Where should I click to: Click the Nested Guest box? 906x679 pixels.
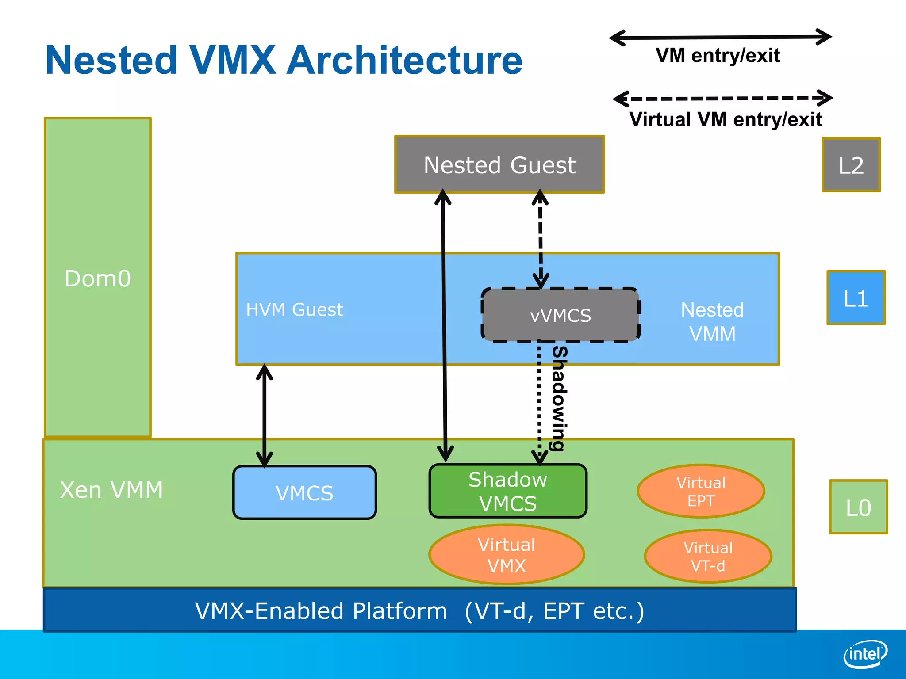(x=499, y=164)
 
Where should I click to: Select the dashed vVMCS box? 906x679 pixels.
(x=560, y=315)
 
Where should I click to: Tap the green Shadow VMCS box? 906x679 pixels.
(x=507, y=491)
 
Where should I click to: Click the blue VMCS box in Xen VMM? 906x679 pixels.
(x=304, y=492)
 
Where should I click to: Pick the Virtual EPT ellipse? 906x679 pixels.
(x=701, y=491)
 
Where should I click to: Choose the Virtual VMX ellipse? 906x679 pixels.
(x=507, y=555)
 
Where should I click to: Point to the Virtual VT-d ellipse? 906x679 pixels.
(x=708, y=556)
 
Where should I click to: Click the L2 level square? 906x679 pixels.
(x=851, y=165)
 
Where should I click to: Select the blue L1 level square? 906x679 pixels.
(x=856, y=298)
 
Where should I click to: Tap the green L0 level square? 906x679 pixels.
(x=858, y=507)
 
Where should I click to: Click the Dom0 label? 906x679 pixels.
(x=98, y=278)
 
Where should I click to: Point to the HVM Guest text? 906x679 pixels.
(x=294, y=309)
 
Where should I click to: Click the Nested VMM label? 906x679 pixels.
(x=712, y=321)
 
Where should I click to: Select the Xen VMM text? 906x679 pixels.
(x=111, y=490)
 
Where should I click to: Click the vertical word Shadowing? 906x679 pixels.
(x=559, y=398)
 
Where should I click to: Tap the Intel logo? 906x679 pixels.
(x=865, y=654)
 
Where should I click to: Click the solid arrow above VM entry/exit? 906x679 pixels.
(x=720, y=38)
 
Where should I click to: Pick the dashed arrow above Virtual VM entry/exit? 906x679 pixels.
(x=722, y=98)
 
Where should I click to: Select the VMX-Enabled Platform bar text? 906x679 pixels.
(x=419, y=611)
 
